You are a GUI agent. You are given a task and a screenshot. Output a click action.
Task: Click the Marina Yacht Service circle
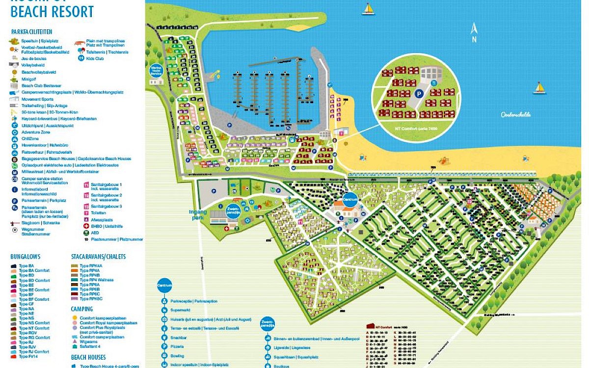[156, 71]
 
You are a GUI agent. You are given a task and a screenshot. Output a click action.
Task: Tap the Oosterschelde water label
[516, 114]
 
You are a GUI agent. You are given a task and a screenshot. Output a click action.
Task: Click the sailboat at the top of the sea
[368, 9]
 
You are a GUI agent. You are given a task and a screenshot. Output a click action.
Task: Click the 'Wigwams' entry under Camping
[88, 342]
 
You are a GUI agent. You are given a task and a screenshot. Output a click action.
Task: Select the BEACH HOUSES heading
[88, 357]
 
